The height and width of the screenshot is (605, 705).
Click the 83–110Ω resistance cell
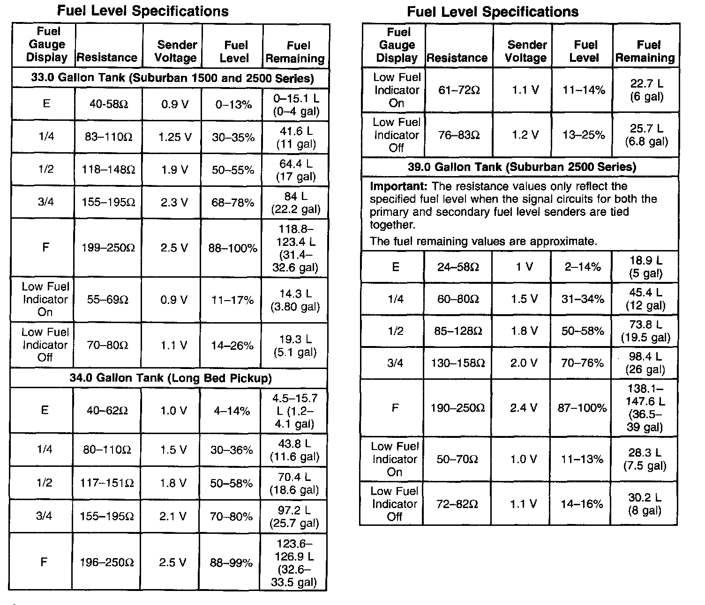108,137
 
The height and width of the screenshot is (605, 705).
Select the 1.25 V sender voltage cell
174,137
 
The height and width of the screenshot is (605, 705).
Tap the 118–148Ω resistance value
108,170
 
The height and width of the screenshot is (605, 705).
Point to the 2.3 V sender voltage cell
174,202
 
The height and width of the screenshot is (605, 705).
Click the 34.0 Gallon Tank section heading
171,378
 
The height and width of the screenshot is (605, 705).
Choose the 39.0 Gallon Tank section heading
522,167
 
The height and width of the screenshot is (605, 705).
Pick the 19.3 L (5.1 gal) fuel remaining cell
295,346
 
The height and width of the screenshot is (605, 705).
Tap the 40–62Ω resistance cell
106,411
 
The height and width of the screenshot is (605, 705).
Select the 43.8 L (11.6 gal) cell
294,450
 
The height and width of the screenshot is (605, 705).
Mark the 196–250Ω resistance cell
106,562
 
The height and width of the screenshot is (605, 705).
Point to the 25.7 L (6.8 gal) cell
646,135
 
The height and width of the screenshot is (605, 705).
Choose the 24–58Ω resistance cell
457,267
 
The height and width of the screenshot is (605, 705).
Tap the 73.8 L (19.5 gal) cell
645,331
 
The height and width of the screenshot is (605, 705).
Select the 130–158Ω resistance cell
457,363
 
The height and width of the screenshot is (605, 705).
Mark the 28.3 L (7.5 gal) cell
645,459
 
